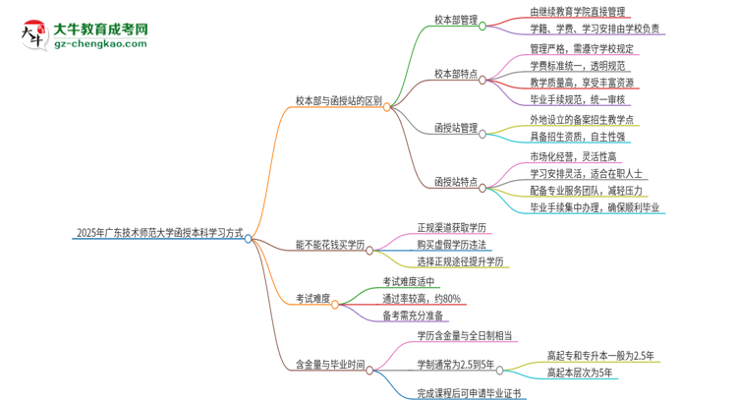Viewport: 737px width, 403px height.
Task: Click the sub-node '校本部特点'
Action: point(455,73)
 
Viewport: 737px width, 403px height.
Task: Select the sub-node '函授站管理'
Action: point(455,127)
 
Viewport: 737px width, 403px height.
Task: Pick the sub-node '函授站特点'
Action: point(455,182)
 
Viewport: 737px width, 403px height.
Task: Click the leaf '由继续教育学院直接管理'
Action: point(562,11)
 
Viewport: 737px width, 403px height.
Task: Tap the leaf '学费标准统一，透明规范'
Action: point(565,65)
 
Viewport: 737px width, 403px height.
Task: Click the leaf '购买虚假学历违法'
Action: point(451,244)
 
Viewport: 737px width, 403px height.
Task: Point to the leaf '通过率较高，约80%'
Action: point(422,298)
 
